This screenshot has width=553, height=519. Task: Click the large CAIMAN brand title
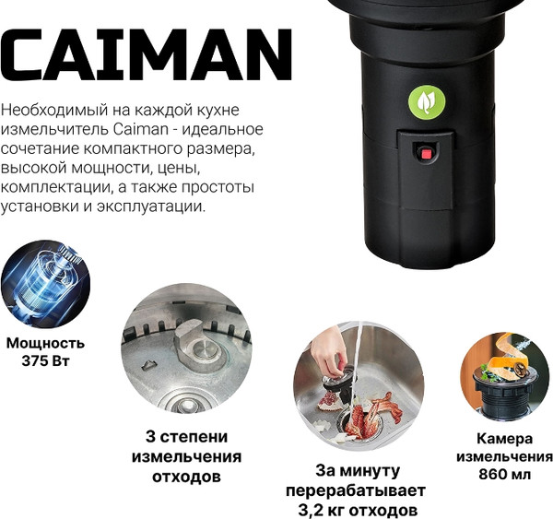[x=146, y=54]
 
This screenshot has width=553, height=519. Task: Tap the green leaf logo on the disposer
[x=427, y=102]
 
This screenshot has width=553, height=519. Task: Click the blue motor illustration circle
[x=45, y=284]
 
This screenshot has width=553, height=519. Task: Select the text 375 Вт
[x=45, y=361]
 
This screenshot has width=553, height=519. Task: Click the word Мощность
[x=45, y=343]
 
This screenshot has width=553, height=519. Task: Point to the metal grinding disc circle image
[x=186, y=348]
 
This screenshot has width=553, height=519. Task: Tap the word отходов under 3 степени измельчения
[x=186, y=477]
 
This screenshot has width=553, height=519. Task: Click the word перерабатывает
[x=356, y=490]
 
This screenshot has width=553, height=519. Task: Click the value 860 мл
[x=504, y=474]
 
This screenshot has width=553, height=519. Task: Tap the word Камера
[x=505, y=439]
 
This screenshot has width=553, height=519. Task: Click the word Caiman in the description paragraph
[x=141, y=129]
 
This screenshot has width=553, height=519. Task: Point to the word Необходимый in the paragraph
[x=54, y=111]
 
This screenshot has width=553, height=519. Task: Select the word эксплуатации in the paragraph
[x=150, y=206]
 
